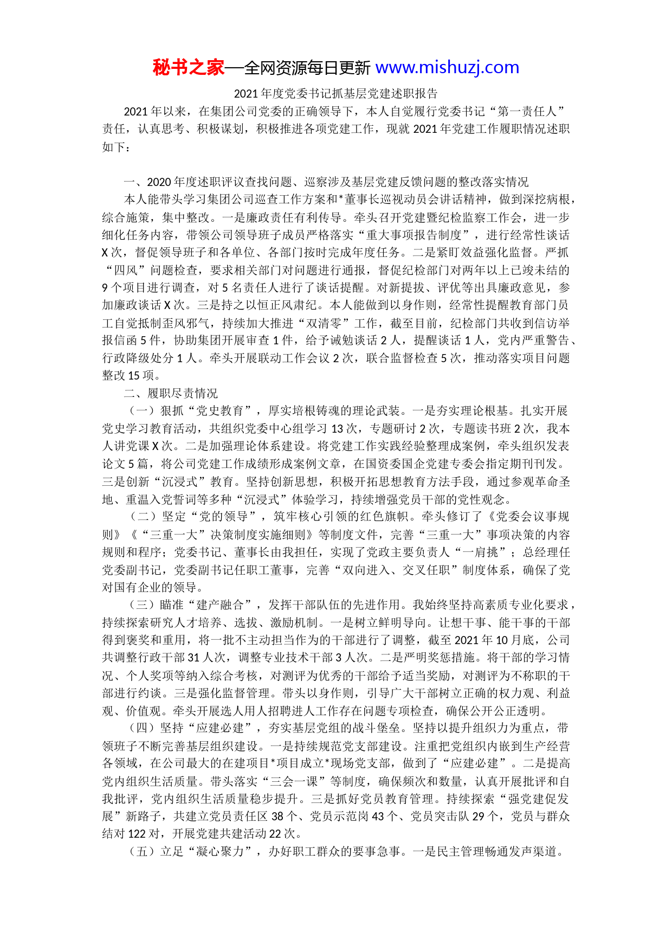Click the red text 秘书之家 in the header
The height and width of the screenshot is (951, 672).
[188, 68]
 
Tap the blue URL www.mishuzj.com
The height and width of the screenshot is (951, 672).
[447, 68]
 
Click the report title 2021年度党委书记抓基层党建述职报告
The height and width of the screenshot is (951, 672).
[335, 93]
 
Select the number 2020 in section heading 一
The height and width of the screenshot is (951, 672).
[159, 182]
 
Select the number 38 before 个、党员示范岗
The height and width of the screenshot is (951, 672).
[277, 817]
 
